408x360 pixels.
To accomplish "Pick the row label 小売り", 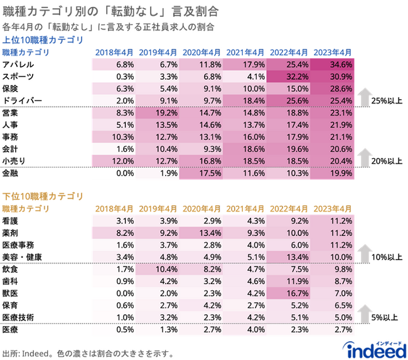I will tap(14, 160).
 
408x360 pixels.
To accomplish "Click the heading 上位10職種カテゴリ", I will tap(42, 40).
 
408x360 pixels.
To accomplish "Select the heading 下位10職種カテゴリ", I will tap(42, 196).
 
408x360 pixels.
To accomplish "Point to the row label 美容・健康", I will tap(26, 257).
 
